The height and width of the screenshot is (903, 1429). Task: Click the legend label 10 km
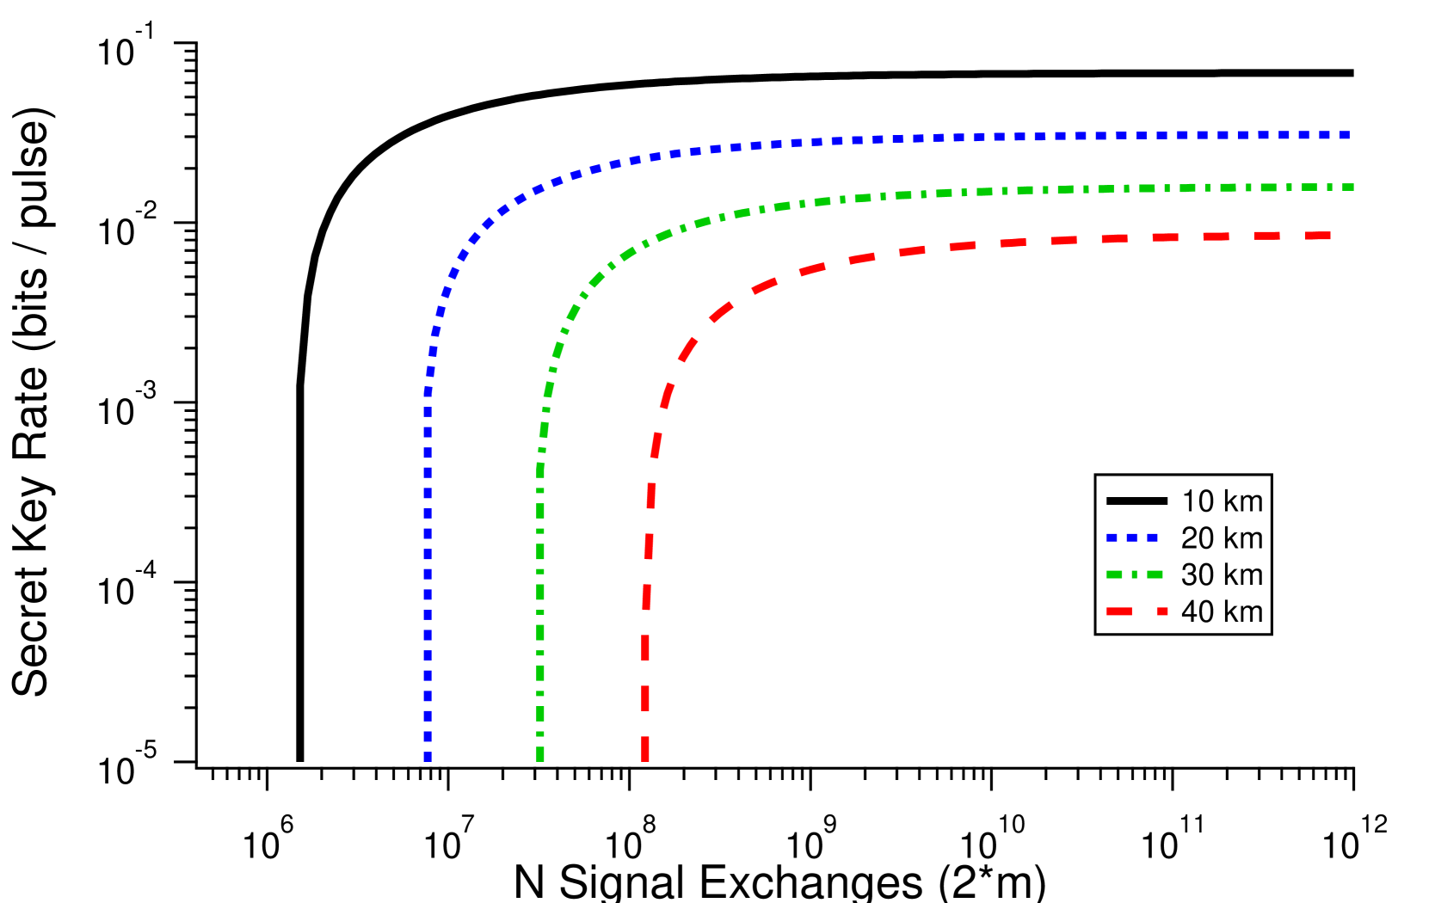(1222, 501)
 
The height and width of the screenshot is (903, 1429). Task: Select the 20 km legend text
(1222, 538)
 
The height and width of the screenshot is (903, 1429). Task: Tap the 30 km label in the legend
(1222, 575)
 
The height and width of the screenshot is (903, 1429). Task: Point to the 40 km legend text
(1222, 612)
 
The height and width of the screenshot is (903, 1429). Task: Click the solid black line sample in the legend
(1136, 501)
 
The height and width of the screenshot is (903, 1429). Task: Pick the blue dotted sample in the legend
(1132, 537)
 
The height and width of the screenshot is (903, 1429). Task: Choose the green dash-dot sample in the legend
(1135, 574)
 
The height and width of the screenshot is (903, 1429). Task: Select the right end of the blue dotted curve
(1349, 135)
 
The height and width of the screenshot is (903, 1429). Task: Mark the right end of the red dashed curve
(1329, 236)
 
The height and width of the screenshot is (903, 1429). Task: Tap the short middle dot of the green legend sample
(1135, 574)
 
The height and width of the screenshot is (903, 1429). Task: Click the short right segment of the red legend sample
(1162, 611)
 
